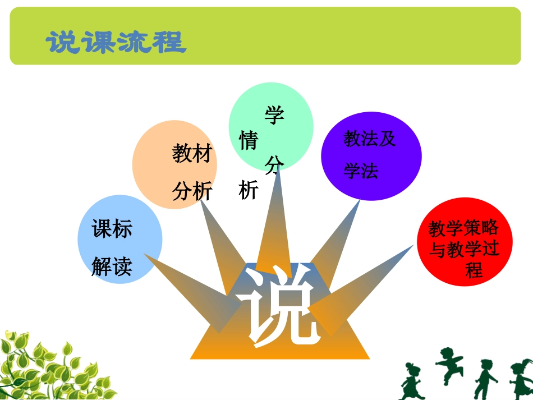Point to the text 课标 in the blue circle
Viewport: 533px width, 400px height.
click(x=112, y=229)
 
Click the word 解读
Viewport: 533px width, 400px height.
click(x=112, y=266)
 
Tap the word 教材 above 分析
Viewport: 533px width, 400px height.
click(x=192, y=153)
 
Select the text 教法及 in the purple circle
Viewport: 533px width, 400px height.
click(x=370, y=139)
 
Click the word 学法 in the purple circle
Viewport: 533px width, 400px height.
click(x=361, y=171)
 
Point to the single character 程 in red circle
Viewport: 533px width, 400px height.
click(x=474, y=270)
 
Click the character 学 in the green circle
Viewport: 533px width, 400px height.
click(x=274, y=116)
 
